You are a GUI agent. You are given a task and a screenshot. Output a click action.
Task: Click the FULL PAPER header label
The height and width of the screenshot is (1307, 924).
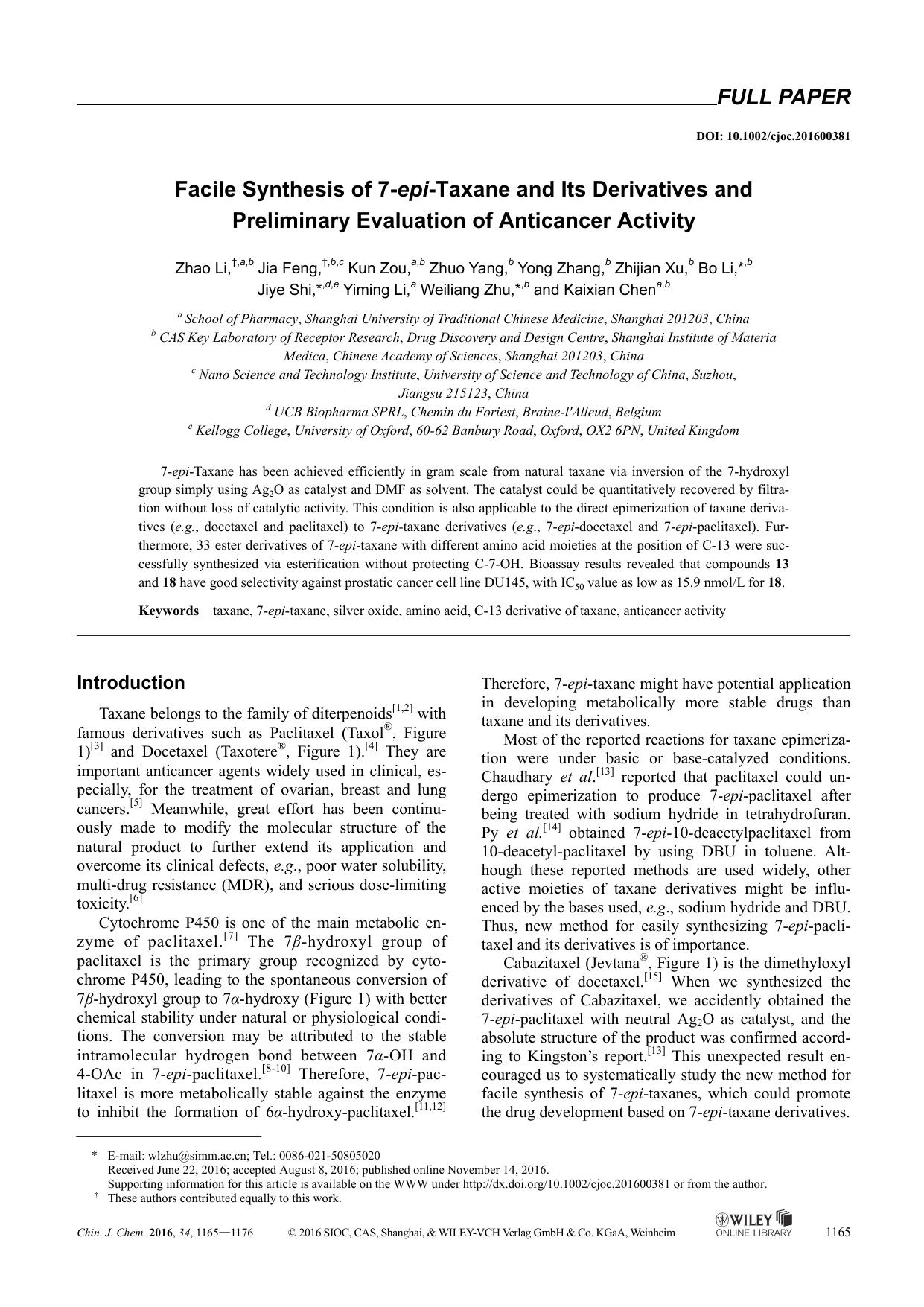click(x=783, y=98)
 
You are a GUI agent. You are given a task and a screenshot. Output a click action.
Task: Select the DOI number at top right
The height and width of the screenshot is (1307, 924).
click(x=773, y=136)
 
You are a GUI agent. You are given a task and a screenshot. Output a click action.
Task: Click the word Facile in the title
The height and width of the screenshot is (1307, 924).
click(x=200, y=190)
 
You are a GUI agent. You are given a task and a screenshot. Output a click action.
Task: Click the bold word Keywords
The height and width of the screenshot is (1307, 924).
click(x=169, y=611)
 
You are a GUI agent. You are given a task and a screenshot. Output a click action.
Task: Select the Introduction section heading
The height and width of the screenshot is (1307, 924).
click(x=131, y=683)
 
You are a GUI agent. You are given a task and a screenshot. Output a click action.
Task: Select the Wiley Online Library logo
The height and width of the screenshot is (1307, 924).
click(x=753, y=1224)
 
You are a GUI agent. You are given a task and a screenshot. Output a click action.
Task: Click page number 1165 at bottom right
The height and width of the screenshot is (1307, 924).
click(x=838, y=1232)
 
